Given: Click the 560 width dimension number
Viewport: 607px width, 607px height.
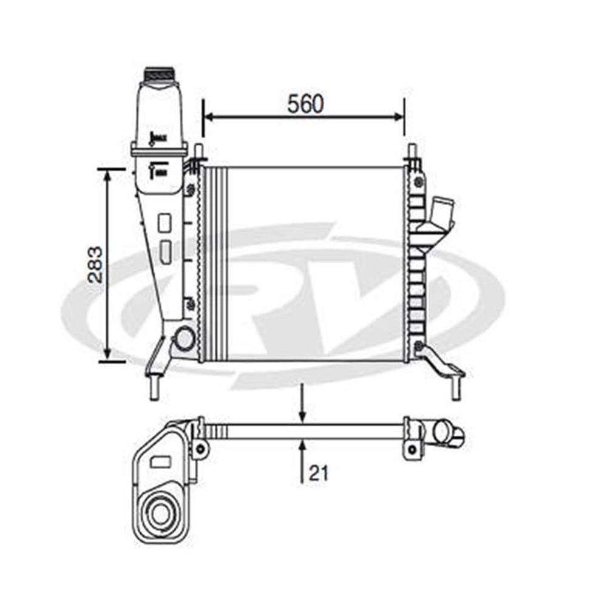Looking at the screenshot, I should coord(305,104).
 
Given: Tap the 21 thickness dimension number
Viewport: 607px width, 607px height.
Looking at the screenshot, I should coord(319,473).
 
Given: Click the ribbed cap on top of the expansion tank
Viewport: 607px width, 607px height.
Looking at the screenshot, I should coord(159,75).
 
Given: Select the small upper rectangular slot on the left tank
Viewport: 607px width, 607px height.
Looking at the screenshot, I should coord(164,223).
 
